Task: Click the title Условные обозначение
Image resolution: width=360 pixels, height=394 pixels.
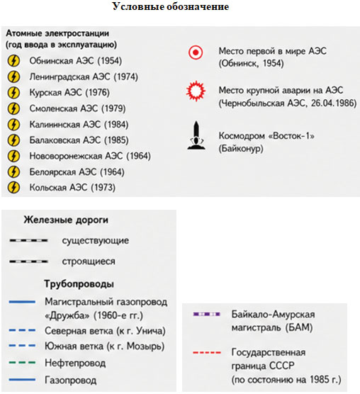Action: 171,6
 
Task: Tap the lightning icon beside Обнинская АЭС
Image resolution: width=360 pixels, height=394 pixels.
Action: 13,60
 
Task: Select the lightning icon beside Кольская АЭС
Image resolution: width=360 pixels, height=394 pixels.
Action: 13,188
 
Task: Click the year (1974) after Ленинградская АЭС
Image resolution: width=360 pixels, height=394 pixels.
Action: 126,77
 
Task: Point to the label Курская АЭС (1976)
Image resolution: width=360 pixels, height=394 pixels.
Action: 69,92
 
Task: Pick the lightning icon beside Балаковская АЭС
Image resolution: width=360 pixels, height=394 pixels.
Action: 13,140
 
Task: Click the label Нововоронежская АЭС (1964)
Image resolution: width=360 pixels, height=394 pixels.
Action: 90,156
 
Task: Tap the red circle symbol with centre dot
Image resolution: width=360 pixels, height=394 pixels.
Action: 196,52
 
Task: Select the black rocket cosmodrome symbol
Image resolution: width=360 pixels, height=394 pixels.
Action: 196,135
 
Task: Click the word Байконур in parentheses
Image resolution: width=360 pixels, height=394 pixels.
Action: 241,149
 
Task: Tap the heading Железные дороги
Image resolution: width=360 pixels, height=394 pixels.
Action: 66,220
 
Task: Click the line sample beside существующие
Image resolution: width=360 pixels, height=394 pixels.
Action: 28,241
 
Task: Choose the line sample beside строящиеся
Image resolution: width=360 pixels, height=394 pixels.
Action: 28,261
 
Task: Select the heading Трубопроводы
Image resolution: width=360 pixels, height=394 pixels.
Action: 79,284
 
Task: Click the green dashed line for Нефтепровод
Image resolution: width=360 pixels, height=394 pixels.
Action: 22,363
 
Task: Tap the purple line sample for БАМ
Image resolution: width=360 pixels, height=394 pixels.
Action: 206,314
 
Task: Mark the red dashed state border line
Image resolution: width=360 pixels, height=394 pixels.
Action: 207,352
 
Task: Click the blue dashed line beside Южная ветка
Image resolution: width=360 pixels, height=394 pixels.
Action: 22,346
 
